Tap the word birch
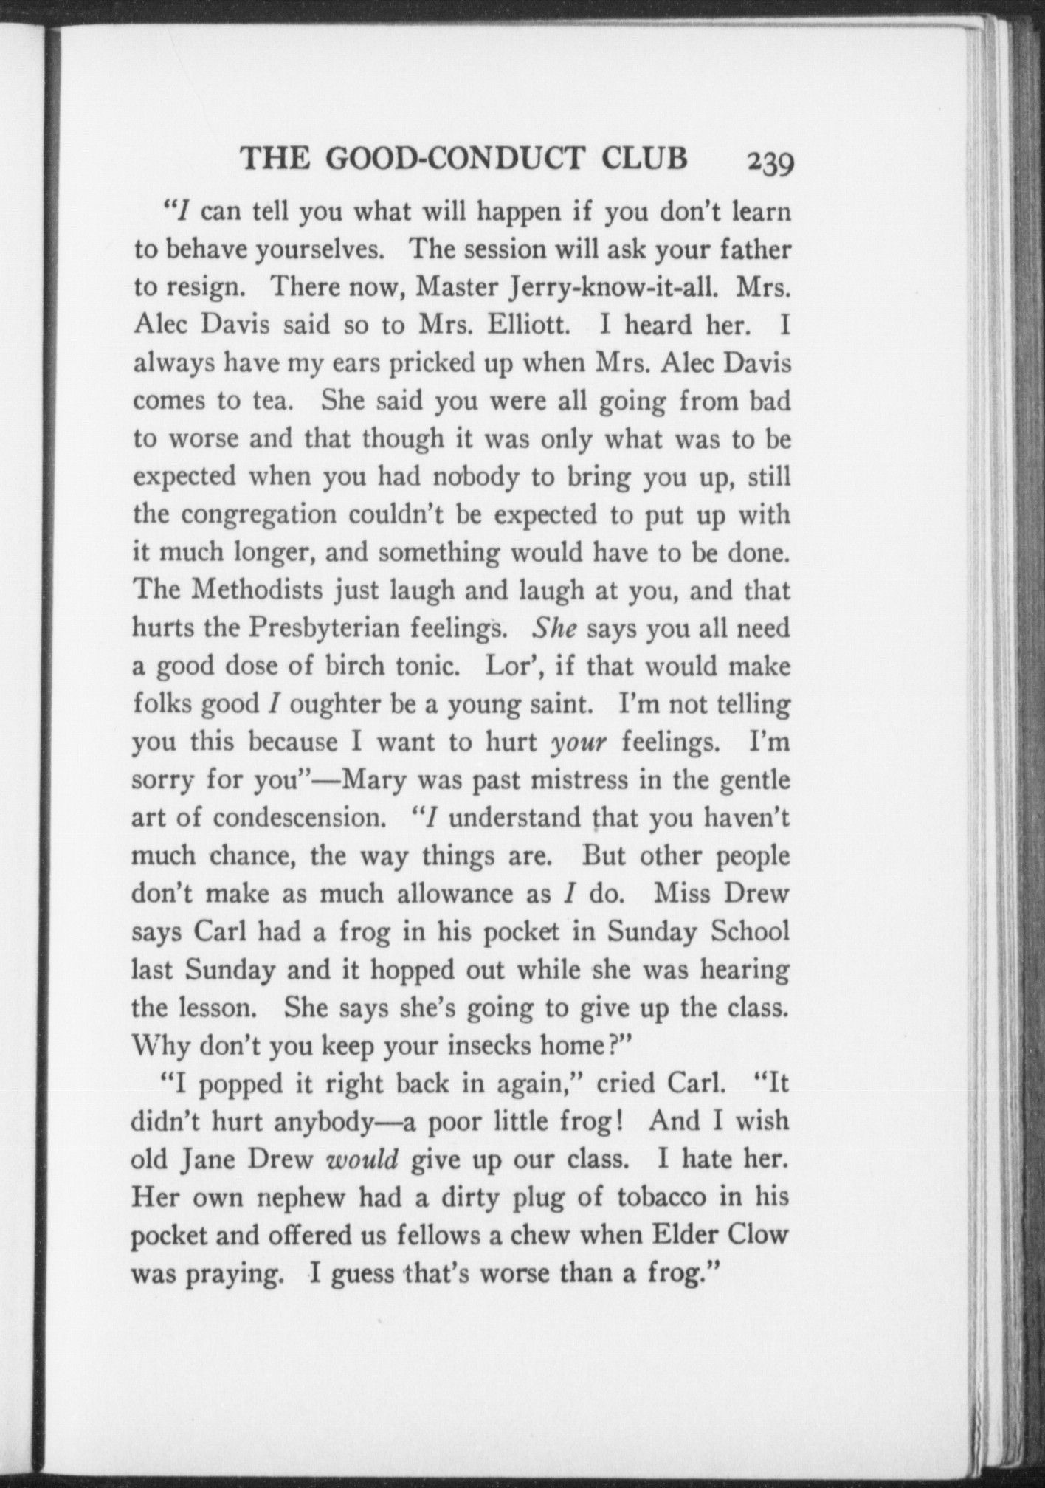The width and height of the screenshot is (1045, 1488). [x=356, y=666]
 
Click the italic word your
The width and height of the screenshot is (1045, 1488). [x=579, y=743]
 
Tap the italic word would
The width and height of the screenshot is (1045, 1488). [x=362, y=1160]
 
